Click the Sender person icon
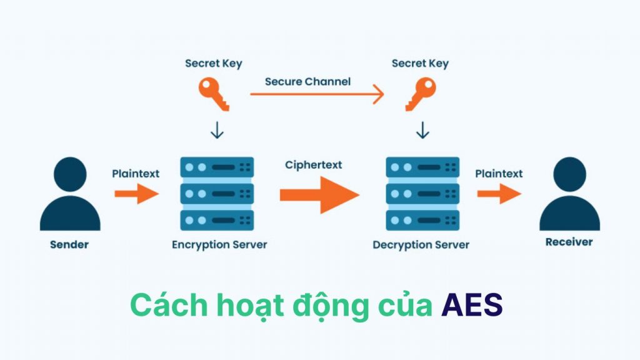[70, 195]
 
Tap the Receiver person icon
[569, 195]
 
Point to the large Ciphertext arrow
[319, 194]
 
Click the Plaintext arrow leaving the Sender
[137, 194]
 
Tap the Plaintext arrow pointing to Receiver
[499, 194]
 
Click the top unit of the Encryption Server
[217, 167]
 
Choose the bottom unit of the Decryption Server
[423, 220]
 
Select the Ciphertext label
[314, 165]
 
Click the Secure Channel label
[307, 82]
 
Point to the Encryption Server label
[219, 245]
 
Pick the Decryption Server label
[421, 245]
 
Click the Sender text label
[69, 245]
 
